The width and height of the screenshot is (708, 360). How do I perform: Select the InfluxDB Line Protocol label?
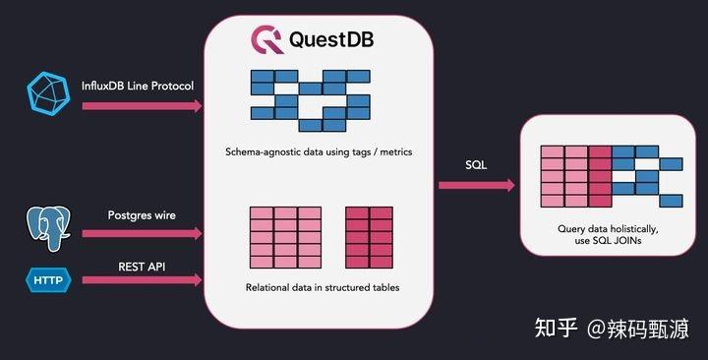pyautogui.click(x=138, y=86)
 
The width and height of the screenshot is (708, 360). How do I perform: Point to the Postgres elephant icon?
pyautogui.click(x=46, y=225)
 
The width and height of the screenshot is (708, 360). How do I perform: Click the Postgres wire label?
pyautogui.click(x=142, y=214)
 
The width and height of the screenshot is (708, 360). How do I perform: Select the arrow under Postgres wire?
pyautogui.click(x=142, y=234)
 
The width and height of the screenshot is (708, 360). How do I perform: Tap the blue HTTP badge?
pyautogui.click(x=46, y=281)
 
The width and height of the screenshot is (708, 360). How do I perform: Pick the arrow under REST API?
pyautogui.click(x=142, y=281)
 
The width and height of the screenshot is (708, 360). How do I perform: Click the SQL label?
pyautogui.click(x=476, y=164)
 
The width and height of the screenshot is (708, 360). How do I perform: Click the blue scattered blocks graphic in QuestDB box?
pyautogui.click(x=309, y=99)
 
